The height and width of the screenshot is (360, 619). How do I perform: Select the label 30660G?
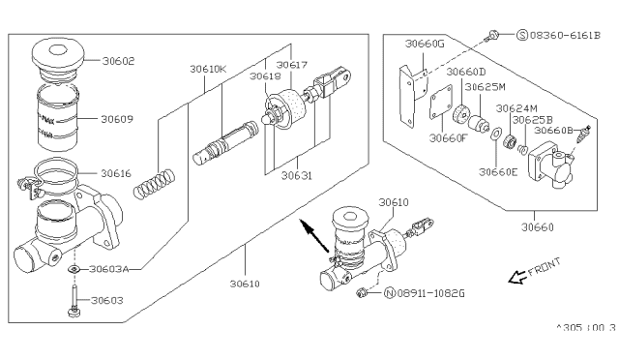coord(426,44)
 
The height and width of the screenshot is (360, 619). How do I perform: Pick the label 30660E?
coord(498,172)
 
